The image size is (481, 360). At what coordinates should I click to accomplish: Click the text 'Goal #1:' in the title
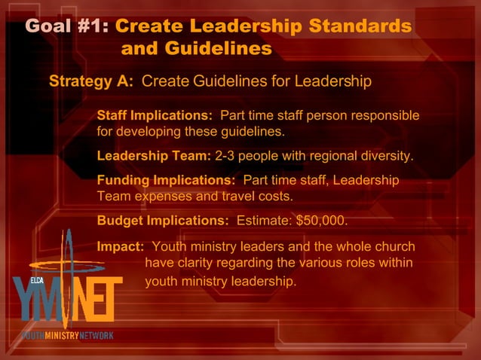point(67,26)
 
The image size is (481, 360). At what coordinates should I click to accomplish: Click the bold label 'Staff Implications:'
point(155,116)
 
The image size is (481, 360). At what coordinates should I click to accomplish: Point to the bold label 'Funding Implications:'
point(166,181)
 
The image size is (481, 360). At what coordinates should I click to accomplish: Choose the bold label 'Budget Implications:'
point(163,221)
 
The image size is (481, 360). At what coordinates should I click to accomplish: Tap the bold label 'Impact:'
point(121,246)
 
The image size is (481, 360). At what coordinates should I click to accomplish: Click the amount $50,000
point(322,221)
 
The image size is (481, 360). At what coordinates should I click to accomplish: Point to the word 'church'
point(393,246)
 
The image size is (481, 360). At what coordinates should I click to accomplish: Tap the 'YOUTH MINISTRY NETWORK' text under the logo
point(66,335)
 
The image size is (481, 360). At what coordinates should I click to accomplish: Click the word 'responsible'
point(381,116)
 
